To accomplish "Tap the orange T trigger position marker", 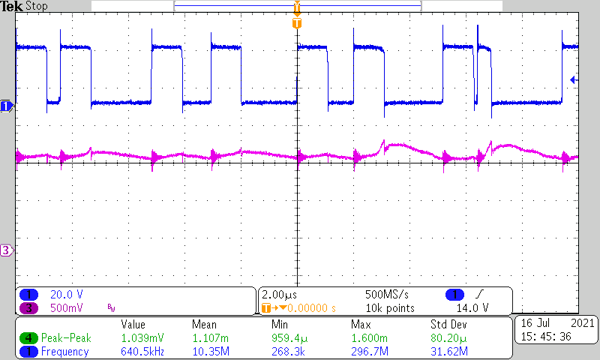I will (x=297, y=22).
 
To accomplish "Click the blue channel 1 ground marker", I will (x=6, y=106).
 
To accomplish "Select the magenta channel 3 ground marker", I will (x=6, y=250).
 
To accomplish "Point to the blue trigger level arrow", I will (x=574, y=79).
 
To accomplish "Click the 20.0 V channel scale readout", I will (x=65, y=295).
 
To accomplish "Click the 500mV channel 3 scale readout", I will (x=66, y=307).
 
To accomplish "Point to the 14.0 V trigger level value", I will (x=473, y=307).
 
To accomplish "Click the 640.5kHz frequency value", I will (x=142, y=352).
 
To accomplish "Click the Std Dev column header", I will (x=448, y=325).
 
